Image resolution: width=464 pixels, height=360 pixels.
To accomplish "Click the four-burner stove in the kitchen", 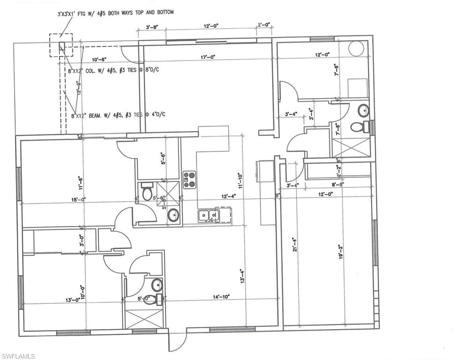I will click(x=189, y=179).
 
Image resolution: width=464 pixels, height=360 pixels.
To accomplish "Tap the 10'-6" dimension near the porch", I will click(x=99, y=59).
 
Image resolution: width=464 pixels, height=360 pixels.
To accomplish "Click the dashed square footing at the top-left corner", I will click(x=61, y=45).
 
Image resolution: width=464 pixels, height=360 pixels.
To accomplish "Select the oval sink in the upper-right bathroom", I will click(x=363, y=111).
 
